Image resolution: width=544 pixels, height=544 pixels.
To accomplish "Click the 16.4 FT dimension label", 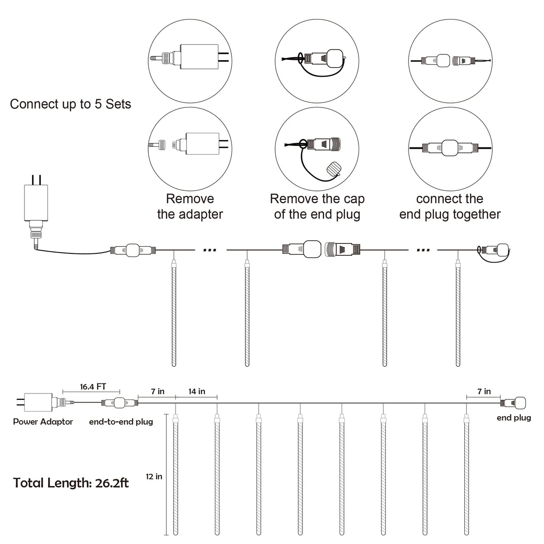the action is click(x=93, y=387).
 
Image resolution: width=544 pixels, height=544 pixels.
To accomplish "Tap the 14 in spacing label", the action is click(x=197, y=391).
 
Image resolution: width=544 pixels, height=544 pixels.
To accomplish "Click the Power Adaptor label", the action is click(x=43, y=422).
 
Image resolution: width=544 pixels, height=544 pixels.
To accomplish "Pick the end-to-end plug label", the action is click(x=121, y=422).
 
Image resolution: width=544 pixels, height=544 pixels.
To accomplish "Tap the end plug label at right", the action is click(x=514, y=418).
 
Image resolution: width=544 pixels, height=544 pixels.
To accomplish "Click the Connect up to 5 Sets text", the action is click(x=71, y=104).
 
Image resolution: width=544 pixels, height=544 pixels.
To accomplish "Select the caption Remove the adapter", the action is click(x=190, y=206).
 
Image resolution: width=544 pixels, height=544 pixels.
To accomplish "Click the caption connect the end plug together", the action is click(x=450, y=206).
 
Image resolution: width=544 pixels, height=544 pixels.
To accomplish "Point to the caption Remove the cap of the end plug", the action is click(x=317, y=206).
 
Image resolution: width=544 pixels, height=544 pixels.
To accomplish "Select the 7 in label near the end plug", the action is click(x=484, y=391).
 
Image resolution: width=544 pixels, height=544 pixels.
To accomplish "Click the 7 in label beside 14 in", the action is click(x=157, y=391).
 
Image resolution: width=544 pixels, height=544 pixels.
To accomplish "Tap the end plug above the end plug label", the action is click(x=513, y=403).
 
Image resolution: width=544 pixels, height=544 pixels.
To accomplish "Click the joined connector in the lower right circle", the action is click(x=450, y=148).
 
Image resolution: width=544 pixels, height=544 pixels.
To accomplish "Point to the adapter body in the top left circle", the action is click(x=199, y=57).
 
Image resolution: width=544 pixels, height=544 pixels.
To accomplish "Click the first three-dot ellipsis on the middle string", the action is click(x=210, y=250).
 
